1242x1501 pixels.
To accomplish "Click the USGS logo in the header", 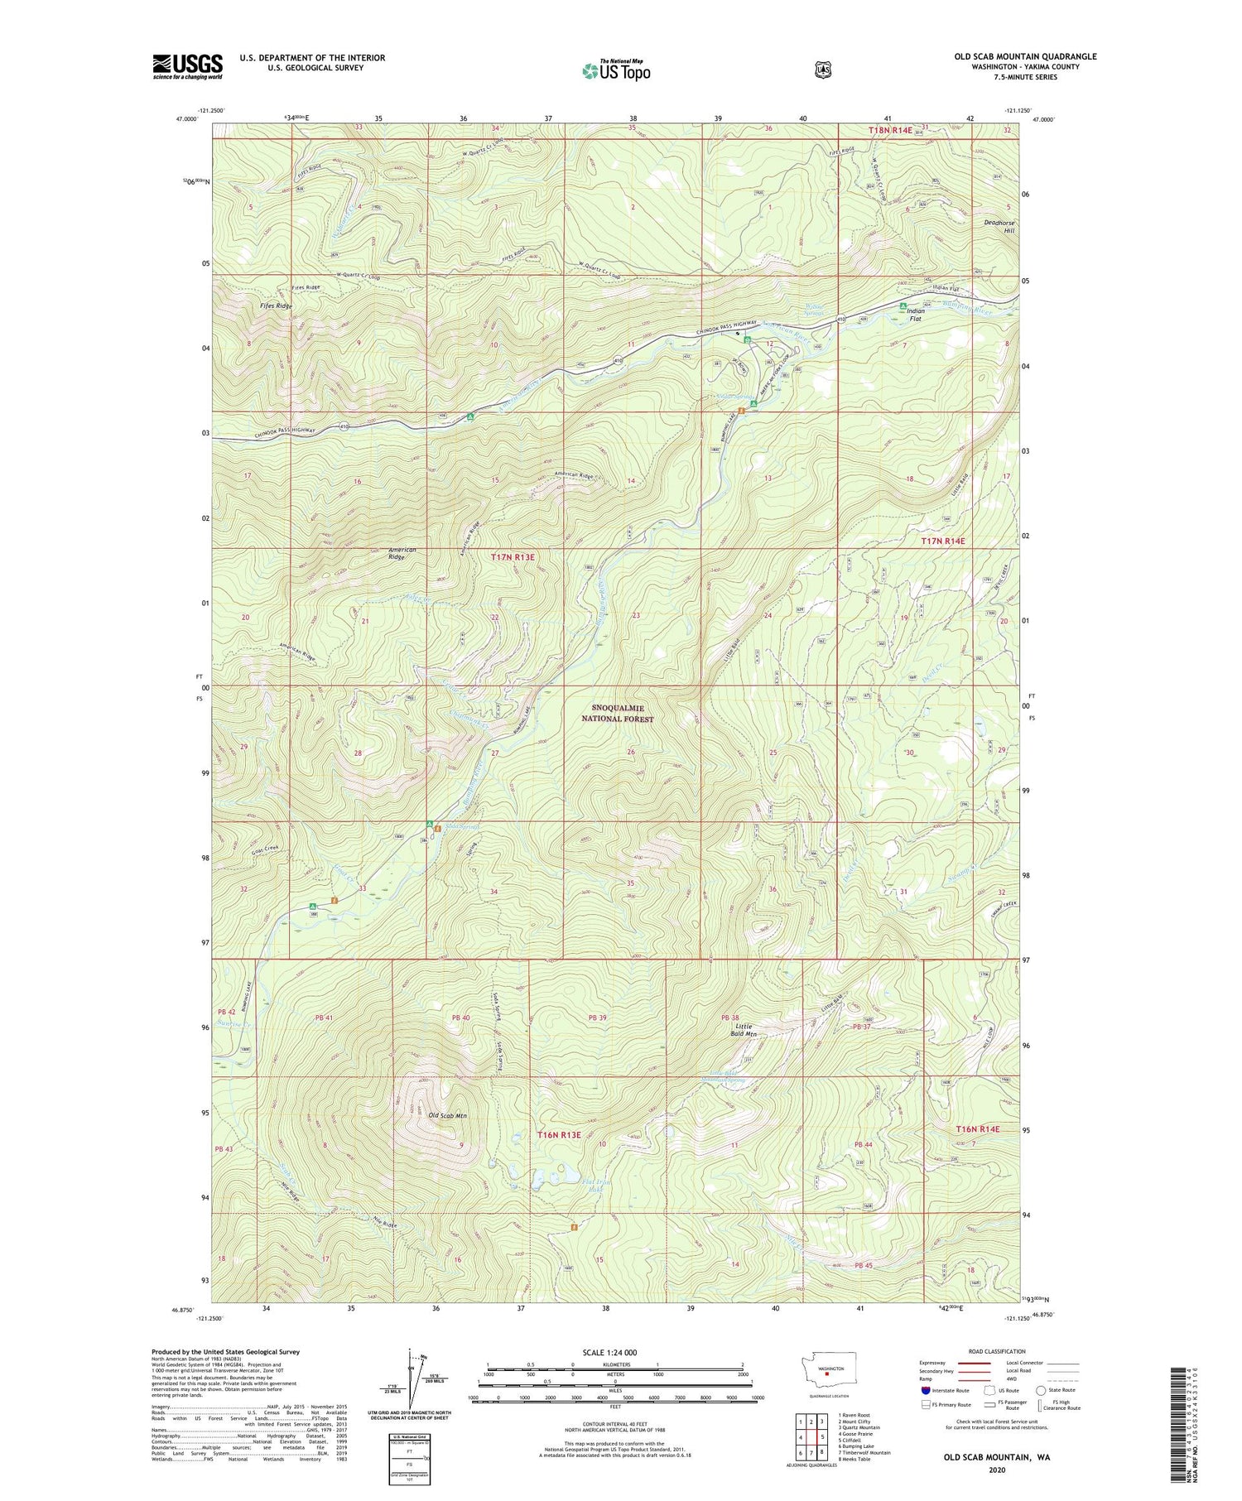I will tap(188, 66).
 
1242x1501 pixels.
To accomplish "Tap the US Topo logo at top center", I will tap(616, 71).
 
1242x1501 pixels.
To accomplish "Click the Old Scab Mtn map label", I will tap(447, 1116).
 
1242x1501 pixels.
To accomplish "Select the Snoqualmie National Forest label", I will tap(623, 714).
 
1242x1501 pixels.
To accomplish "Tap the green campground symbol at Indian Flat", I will tap(903, 306).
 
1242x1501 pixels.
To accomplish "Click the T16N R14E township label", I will tap(978, 1129).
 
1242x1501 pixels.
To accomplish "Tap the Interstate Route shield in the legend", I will tap(925, 1390).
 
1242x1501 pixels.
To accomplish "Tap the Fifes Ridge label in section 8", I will tap(276, 306).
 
